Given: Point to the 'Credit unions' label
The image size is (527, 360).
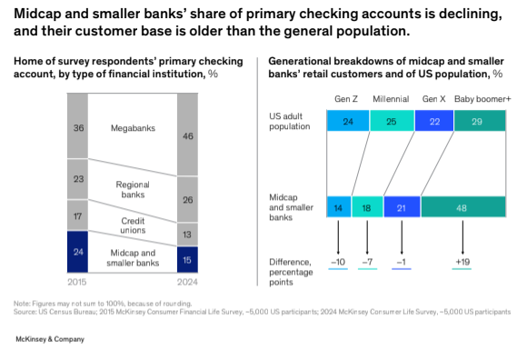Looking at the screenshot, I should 133,225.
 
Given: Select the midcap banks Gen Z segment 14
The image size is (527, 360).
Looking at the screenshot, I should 339,207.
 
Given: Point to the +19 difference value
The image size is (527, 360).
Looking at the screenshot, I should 463,262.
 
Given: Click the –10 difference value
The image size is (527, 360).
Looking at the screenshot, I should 339,262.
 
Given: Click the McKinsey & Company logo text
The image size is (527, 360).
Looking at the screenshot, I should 50,339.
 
